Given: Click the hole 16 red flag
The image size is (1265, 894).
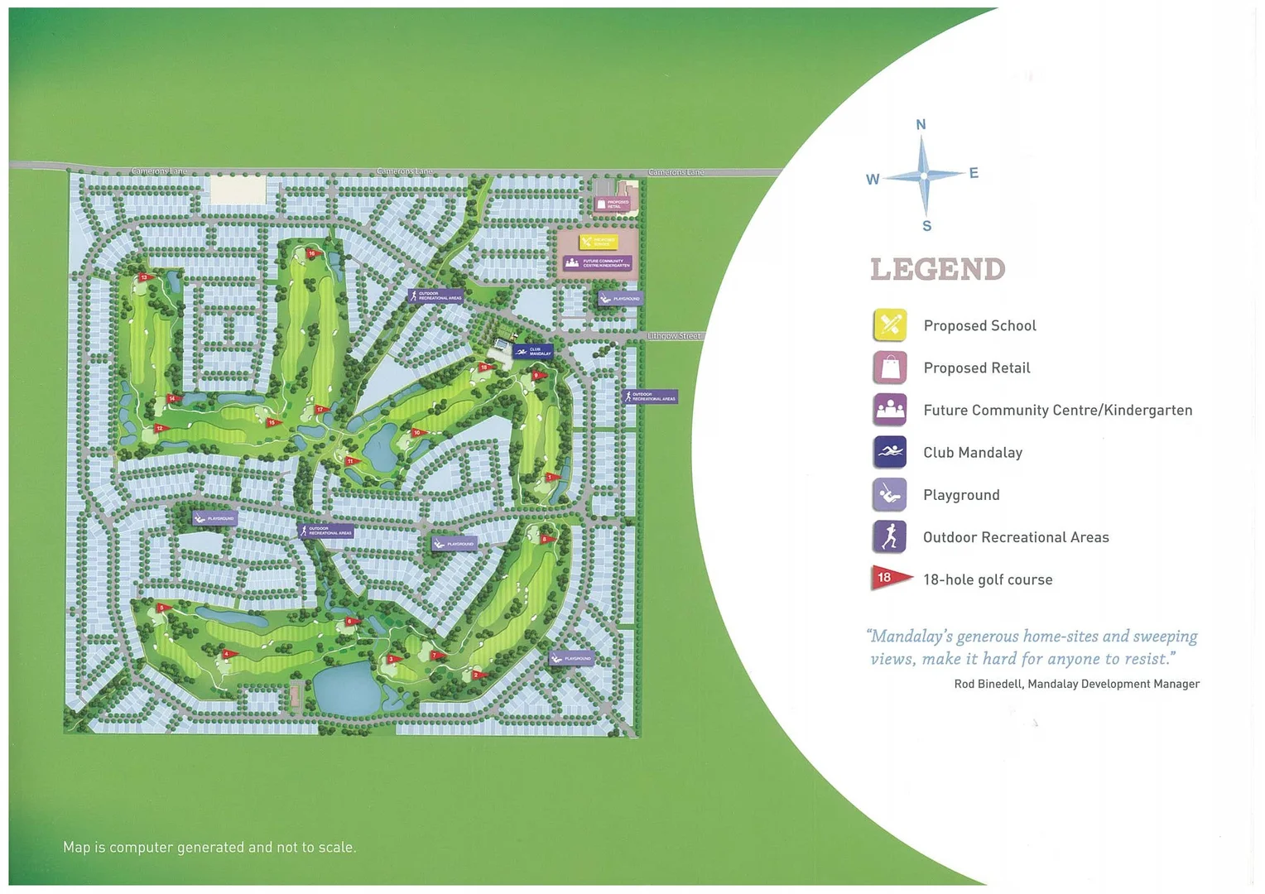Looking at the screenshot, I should pyautogui.click(x=312, y=254).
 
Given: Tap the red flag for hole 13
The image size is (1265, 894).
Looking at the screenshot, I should pyautogui.click(x=145, y=277).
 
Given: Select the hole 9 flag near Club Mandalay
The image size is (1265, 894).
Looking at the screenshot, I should pyautogui.click(x=538, y=376).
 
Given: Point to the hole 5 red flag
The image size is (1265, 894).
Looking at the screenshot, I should pyautogui.click(x=163, y=608).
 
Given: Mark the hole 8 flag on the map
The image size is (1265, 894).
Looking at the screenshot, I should pyautogui.click(x=546, y=540).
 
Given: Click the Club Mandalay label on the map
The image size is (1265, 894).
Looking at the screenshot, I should pyautogui.click(x=532, y=351).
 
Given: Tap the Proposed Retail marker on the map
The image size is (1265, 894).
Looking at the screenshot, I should pyautogui.click(x=613, y=204).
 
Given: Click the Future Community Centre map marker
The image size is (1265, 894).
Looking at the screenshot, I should pyautogui.click(x=598, y=263).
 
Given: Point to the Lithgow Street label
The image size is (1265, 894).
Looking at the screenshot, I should pyautogui.click(x=674, y=336).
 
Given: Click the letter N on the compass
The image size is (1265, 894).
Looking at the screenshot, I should pyautogui.click(x=921, y=125).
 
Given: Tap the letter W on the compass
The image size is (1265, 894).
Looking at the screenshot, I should pyautogui.click(x=873, y=180).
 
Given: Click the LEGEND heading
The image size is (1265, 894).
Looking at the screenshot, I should pyautogui.click(x=937, y=269).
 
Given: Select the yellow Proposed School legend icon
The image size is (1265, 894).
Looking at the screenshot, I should pyautogui.click(x=890, y=325).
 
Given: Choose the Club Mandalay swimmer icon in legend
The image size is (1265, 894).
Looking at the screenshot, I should pyautogui.click(x=890, y=452).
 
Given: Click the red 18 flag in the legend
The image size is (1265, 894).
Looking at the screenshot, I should pyautogui.click(x=889, y=578).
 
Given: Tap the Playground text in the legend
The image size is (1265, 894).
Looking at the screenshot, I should pyautogui.click(x=961, y=495).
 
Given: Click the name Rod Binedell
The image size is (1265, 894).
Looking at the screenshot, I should pyautogui.click(x=988, y=684).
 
